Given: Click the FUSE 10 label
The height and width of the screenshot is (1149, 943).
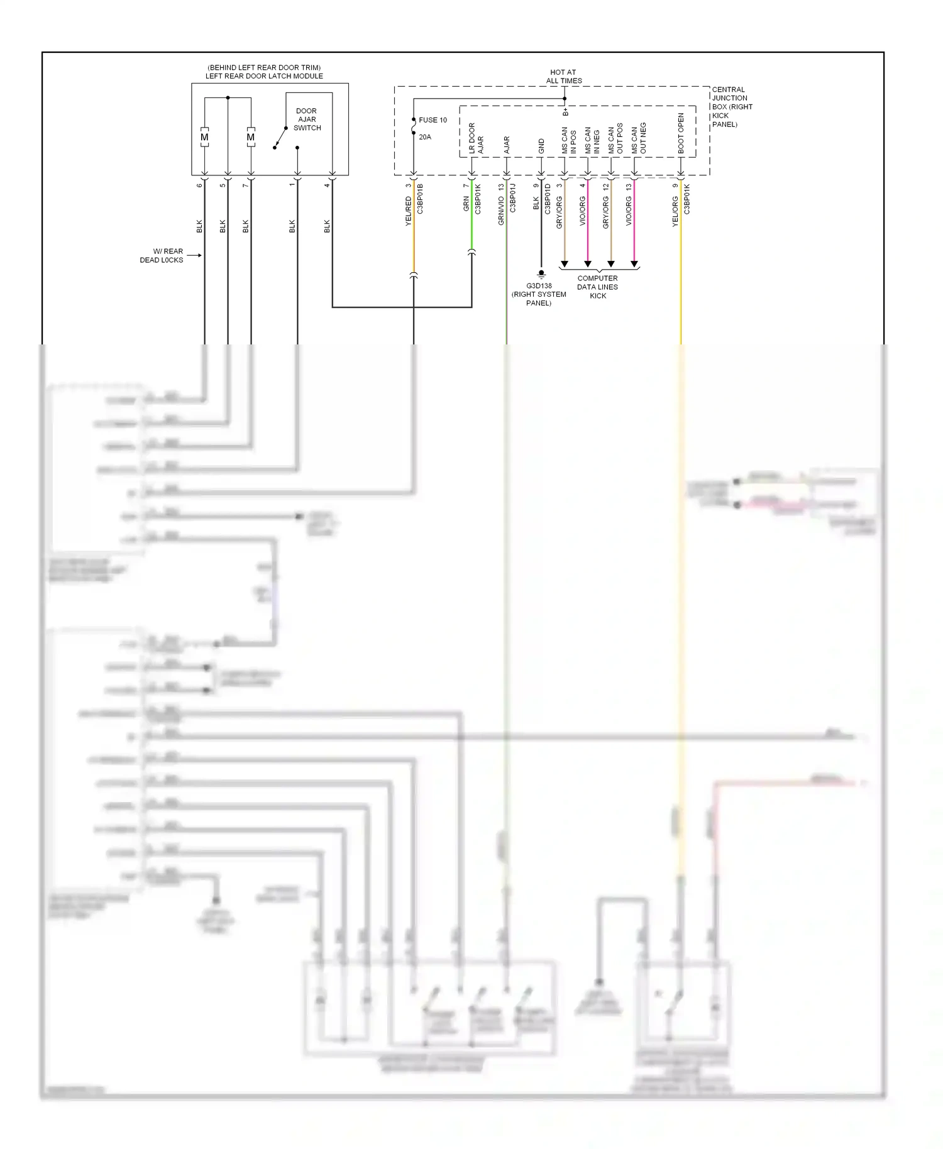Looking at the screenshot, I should click(433, 120).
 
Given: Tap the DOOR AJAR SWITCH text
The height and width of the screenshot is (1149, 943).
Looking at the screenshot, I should click(307, 119).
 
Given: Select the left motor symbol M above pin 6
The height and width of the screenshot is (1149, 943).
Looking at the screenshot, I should click(204, 137).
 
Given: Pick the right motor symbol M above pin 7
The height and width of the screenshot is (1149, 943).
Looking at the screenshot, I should click(251, 137).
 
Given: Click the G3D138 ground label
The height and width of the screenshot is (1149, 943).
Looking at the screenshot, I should click(539, 286).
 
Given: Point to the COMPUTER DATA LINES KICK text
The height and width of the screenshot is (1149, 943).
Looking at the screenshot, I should click(597, 287).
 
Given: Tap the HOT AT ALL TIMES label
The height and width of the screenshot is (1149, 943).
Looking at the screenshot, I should click(563, 77).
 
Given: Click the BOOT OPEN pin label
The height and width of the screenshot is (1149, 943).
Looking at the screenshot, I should click(681, 133).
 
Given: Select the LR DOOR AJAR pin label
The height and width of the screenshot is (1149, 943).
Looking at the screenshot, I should click(476, 138).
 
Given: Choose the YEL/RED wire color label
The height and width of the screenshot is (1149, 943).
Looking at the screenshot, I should click(408, 211).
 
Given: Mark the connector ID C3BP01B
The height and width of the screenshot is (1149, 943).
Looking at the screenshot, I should click(420, 199).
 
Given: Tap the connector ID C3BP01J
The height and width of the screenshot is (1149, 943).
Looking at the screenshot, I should click(512, 198).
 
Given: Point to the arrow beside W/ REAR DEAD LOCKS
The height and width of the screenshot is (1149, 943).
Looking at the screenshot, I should click(194, 255).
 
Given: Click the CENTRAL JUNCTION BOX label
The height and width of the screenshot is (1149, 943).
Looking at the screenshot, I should click(731, 107).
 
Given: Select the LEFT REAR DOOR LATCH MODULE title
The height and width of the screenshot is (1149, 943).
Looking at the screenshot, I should click(264, 76).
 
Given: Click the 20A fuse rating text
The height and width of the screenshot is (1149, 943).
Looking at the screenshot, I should click(425, 137).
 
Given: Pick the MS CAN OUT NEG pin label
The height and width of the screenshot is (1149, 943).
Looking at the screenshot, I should click(639, 138).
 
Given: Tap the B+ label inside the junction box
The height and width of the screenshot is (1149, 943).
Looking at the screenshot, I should click(565, 112).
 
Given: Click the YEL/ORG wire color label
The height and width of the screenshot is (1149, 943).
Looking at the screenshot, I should click(675, 211).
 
